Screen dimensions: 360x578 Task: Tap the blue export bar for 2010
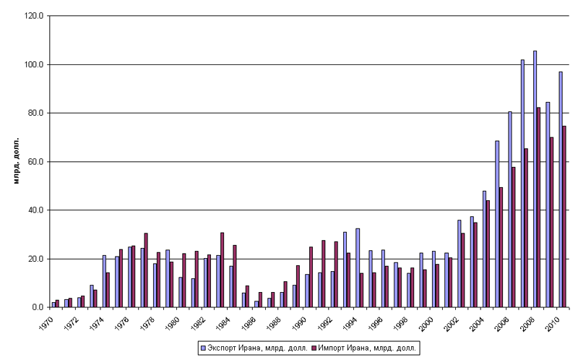point(560,189)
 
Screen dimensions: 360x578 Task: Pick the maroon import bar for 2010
point(564,217)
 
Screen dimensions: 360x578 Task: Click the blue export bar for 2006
point(509,210)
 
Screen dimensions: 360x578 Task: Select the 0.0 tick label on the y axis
point(38,308)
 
